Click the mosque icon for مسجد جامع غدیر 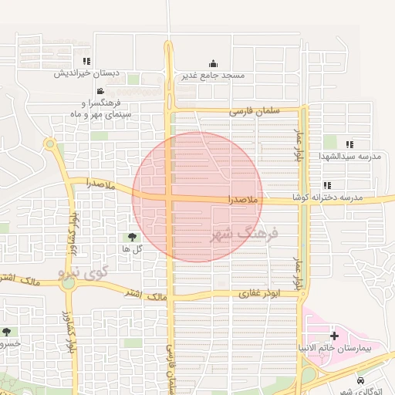click(213, 64)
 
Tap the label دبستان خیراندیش click(87, 73)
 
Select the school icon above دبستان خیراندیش click(86, 61)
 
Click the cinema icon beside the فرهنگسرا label click(100, 92)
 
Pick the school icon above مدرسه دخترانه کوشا click(328, 185)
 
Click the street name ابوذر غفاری click(261, 294)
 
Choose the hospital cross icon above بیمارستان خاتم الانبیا click(333, 336)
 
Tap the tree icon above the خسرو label click(7, 332)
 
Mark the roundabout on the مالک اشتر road click(69, 282)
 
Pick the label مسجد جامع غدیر click(212, 76)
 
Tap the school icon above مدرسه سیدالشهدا click(350, 144)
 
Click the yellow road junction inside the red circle click(170, 198)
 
